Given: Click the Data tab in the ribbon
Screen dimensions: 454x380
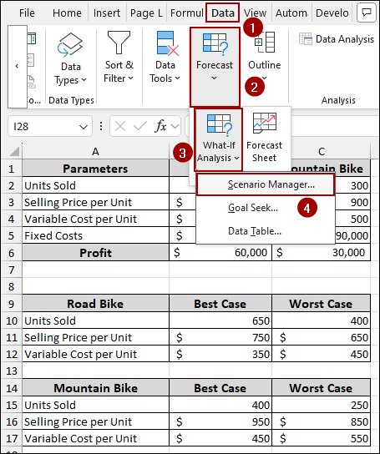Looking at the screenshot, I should pos(222,13).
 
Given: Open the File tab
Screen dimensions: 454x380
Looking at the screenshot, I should pos(27,13).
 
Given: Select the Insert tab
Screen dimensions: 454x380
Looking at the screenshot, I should pos(106,13).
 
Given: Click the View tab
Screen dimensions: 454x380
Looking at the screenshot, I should pos(256,13).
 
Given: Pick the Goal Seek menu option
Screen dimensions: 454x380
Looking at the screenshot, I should pos(254,208).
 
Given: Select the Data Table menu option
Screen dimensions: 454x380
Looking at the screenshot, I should pos(254,231).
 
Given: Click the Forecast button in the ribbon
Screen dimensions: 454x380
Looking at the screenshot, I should pos(215,57).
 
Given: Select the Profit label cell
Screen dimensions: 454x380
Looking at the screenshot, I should pos(95,252).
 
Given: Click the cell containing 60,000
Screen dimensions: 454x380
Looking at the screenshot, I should pos(220,252).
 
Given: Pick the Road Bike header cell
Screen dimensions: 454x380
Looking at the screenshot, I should pos(95,305).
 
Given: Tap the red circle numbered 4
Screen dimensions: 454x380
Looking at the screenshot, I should pos(310,207).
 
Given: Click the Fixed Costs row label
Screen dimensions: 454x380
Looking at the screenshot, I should pos(95,235).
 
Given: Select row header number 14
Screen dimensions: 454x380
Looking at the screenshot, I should pos(11,388).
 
